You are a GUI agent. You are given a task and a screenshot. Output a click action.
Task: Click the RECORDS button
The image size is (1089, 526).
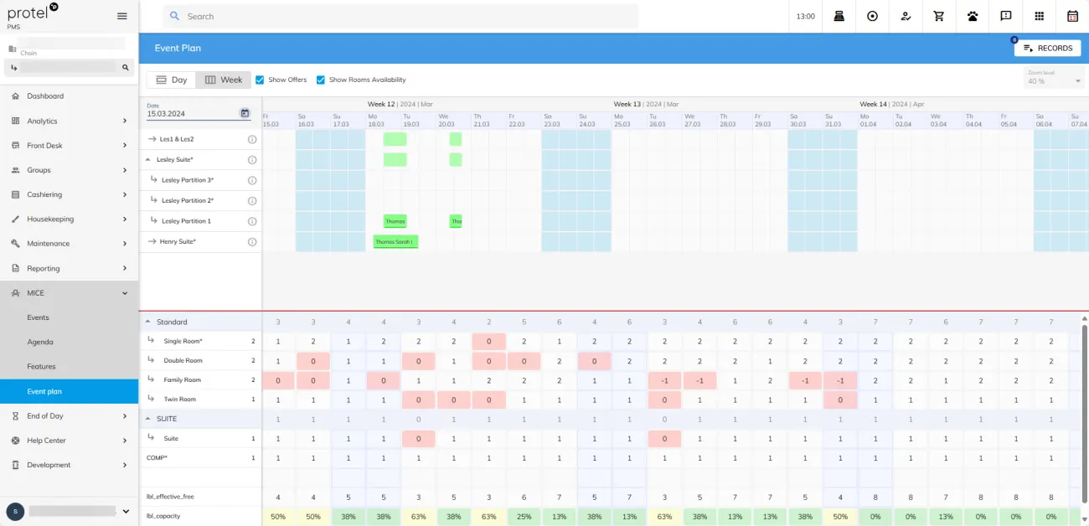pos(1047,49)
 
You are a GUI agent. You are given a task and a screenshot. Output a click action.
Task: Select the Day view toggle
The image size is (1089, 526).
pos(172,80)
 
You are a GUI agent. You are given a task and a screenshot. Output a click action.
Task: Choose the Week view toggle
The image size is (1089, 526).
pos(224,80)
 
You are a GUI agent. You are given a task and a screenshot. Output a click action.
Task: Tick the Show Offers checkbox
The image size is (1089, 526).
pos(260,80)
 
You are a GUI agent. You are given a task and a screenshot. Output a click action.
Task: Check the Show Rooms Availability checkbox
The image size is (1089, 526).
pos(321,80)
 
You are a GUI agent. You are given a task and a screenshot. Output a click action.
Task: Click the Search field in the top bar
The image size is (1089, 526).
pos(402,16)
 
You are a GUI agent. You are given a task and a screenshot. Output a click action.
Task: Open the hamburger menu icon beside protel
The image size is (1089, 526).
pos(122,16)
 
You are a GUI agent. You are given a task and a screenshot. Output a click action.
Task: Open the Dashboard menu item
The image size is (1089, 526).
pos(45,96)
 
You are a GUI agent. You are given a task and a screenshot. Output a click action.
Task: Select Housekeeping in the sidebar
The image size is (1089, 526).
pos(50,219)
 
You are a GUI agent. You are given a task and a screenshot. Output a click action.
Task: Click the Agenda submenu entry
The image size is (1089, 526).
pos(40,342)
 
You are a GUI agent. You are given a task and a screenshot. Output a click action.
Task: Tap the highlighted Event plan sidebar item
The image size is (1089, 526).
pos(44,391)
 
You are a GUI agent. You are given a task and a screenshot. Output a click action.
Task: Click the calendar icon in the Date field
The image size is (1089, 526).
pos(245,113)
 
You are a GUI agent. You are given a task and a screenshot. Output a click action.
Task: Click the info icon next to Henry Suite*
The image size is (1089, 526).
pos(252,242)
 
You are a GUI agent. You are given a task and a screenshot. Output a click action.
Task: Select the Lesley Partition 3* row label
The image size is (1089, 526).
pos(188,180)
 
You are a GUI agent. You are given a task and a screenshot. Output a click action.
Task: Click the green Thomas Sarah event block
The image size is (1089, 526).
pos(395,242)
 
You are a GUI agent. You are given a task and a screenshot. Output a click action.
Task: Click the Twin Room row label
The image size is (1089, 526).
pos(180,400)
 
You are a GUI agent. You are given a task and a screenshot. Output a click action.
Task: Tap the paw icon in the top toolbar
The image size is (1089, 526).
pos(973,16)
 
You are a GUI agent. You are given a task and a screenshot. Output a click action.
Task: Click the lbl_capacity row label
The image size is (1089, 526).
pos(163,516)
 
